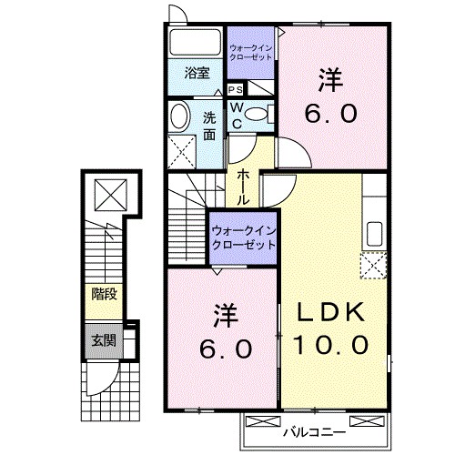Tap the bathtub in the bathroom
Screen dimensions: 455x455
click(196, 45)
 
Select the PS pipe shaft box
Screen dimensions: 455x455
click(235, 89)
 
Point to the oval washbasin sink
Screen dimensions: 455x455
click(179, 116)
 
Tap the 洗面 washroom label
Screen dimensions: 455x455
click(209, 125)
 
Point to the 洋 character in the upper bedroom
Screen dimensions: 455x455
click(331, 81)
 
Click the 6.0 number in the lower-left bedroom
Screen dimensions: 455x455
click(222, 349)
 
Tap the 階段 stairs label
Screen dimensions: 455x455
click(103, 294)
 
